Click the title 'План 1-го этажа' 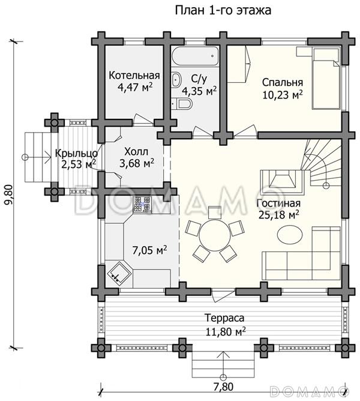click(223, 11)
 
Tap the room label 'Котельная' click(134, 76)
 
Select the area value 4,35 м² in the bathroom click(199, 91)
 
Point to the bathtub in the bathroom click(196, 56)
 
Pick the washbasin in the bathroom click(176, 79)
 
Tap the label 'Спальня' click(283, 83)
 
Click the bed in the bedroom click(326, 79)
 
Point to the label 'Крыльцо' click(76, 154)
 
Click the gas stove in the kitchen click(142, 205)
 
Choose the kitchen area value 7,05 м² click(149, 250)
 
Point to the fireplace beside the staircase click(282, 181)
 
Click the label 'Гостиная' click(278, 204)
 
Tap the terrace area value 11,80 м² click(226, 332)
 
